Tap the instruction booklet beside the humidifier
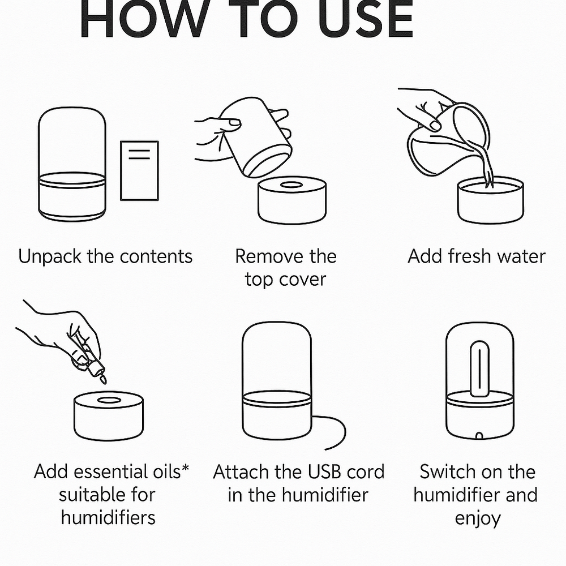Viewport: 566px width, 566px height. pos(139,170)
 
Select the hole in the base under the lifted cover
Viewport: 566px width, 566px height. pos(292,185)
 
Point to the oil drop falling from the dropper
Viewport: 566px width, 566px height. pos(103,380)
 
